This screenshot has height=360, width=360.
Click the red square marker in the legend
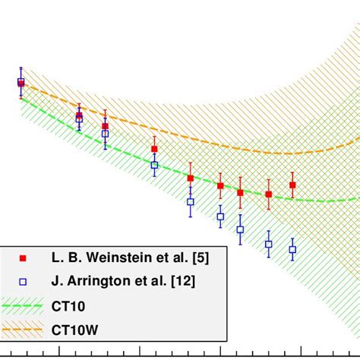tap(23, 258)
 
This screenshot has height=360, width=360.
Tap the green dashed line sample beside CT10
tap(23, 306)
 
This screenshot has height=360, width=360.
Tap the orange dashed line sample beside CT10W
tap(23, 330)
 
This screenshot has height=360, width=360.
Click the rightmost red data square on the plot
tap(292, 185)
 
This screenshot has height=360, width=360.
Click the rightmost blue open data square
tap(292, 249)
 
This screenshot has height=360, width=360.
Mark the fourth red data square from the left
tap(154, 150)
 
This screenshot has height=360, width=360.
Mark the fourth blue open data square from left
tap(154, 165)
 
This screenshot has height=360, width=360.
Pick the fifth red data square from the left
tap(191, 178)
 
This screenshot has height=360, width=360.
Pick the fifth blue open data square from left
tap(191, 202)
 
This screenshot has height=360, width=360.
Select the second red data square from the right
tap(269, 194)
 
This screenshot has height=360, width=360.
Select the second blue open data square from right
tap(269, 244)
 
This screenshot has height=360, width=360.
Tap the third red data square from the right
tap(240, 192)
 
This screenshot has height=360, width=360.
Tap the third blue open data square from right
tap(240, 229)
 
